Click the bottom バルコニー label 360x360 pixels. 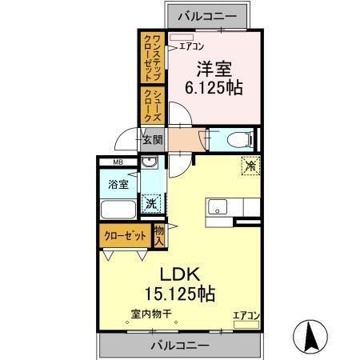point(180,346)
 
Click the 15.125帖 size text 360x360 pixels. point(179,293)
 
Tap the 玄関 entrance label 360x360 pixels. point(153,139)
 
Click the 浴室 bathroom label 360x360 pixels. point(117,183)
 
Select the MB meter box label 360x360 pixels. point(117,163)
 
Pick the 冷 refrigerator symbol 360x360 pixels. point(250,166)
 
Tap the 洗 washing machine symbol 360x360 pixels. point(150,203)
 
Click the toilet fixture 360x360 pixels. point(238,139)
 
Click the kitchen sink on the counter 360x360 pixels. point(217,206)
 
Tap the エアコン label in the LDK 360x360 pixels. point(246,316)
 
